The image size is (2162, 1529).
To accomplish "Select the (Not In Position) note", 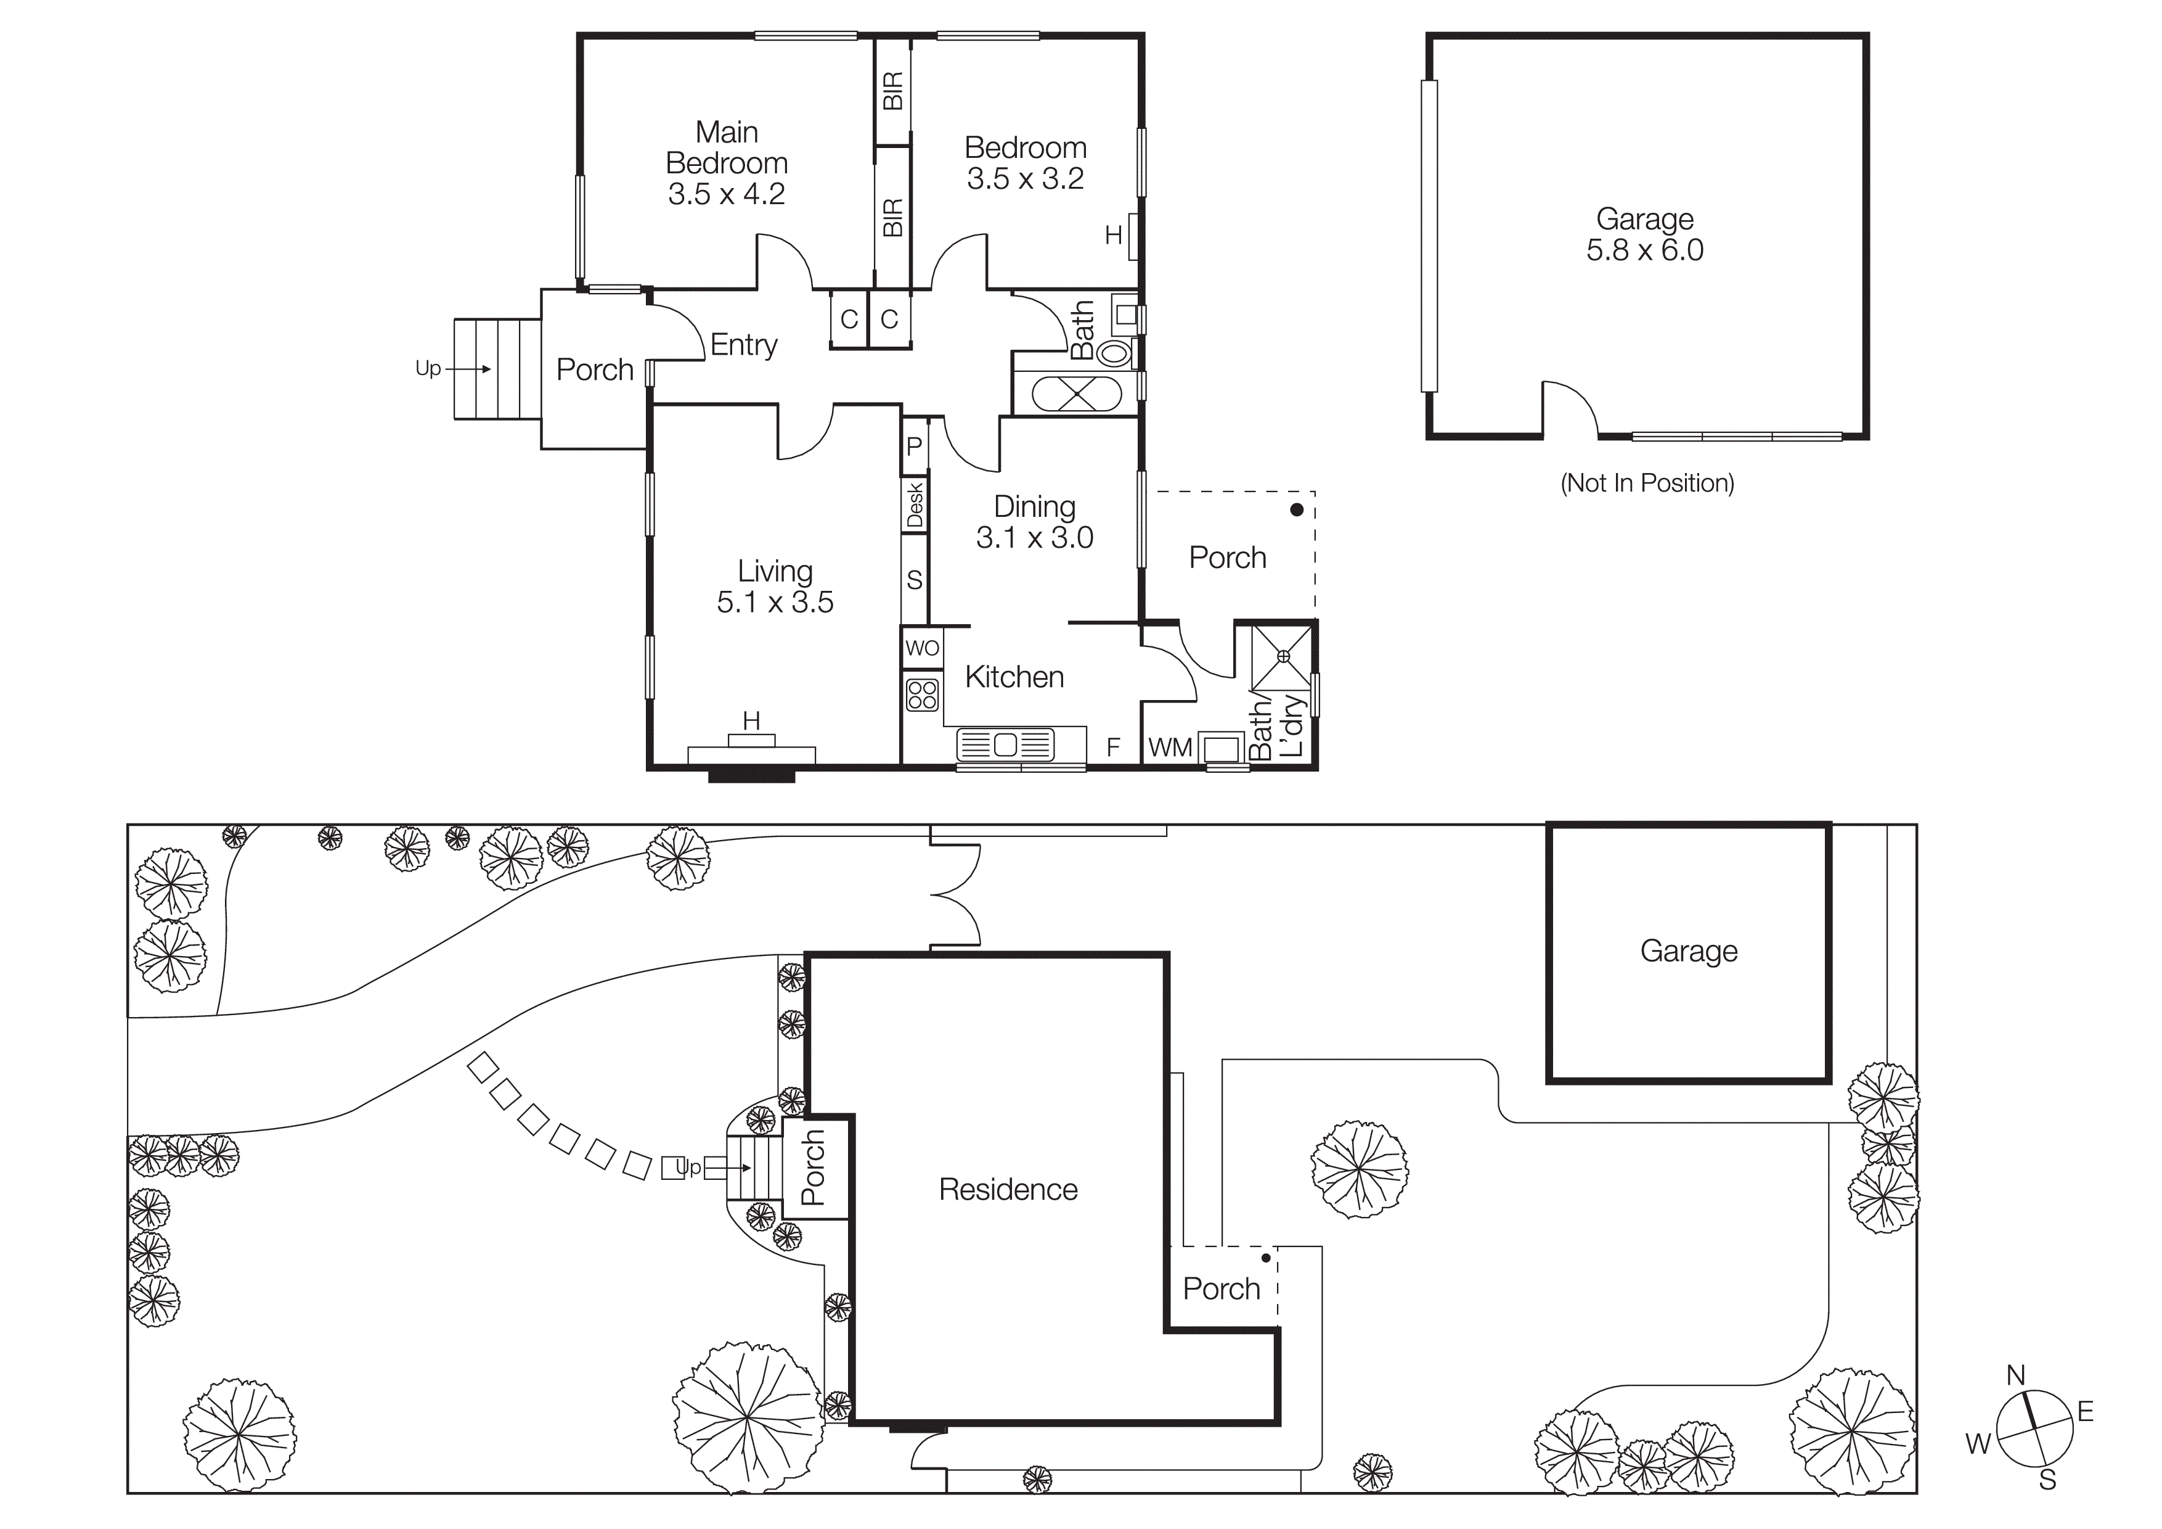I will (1647, 484).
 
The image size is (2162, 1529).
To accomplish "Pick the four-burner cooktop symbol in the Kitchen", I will (922, 695).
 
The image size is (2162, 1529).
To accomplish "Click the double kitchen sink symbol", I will (1005, 745).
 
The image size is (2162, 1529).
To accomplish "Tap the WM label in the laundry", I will (1170, 748).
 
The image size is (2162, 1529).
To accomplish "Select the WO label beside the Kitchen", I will (922, 648).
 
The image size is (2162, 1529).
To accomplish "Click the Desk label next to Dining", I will (915, 505).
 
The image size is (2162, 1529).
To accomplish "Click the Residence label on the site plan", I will (1008, 1190).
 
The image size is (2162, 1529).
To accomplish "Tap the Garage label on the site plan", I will (1688, 952).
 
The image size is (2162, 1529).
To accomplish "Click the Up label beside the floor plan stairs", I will (428, 368).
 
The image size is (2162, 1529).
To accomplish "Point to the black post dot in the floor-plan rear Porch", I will (1297, 509).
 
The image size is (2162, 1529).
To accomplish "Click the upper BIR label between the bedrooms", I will (892, 91).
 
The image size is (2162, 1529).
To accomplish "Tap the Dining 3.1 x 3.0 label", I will (1034, 522).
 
